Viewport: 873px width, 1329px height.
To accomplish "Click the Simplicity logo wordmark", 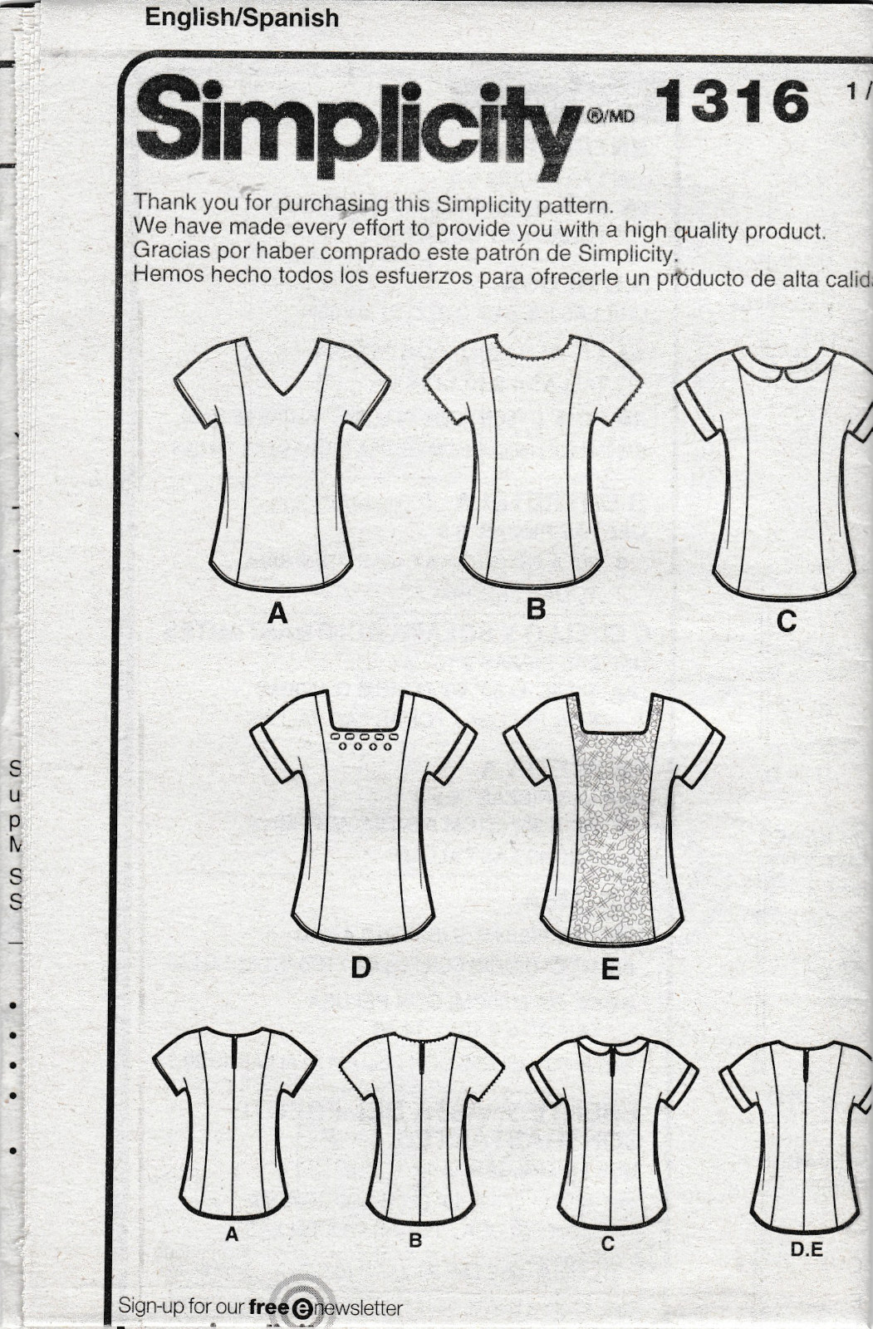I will (x=357, y=125).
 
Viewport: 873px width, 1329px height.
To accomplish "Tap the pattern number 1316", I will (x=732, y=101).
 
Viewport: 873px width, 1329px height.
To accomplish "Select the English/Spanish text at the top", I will (x=242, y=17).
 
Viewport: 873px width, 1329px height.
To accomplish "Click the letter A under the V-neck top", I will (x=277, y=614).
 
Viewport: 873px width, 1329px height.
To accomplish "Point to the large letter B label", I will (x=536, y=609).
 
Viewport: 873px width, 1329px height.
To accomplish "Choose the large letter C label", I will (x=786, y=620).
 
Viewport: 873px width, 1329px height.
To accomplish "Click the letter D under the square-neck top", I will (x=360, y=968).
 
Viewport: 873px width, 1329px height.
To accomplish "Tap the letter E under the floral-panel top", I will (x=611, y=969).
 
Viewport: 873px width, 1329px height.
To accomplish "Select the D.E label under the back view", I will (x=807, y=1248).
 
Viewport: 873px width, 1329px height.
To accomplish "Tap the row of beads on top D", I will (x=362, y=740).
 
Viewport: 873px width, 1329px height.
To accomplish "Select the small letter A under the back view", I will (x=232, y=1235).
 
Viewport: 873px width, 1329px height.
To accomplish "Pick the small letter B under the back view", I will (x=415, y=1241).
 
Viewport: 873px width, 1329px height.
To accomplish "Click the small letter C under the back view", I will (x=608, y=1243).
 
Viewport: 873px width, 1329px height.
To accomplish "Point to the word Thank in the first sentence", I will (x=162, y=202).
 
